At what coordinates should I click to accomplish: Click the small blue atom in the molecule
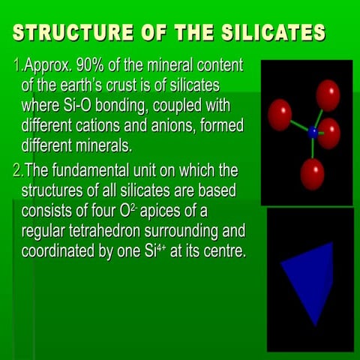click(313, 132)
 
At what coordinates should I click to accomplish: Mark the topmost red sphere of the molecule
click(328, 94)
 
